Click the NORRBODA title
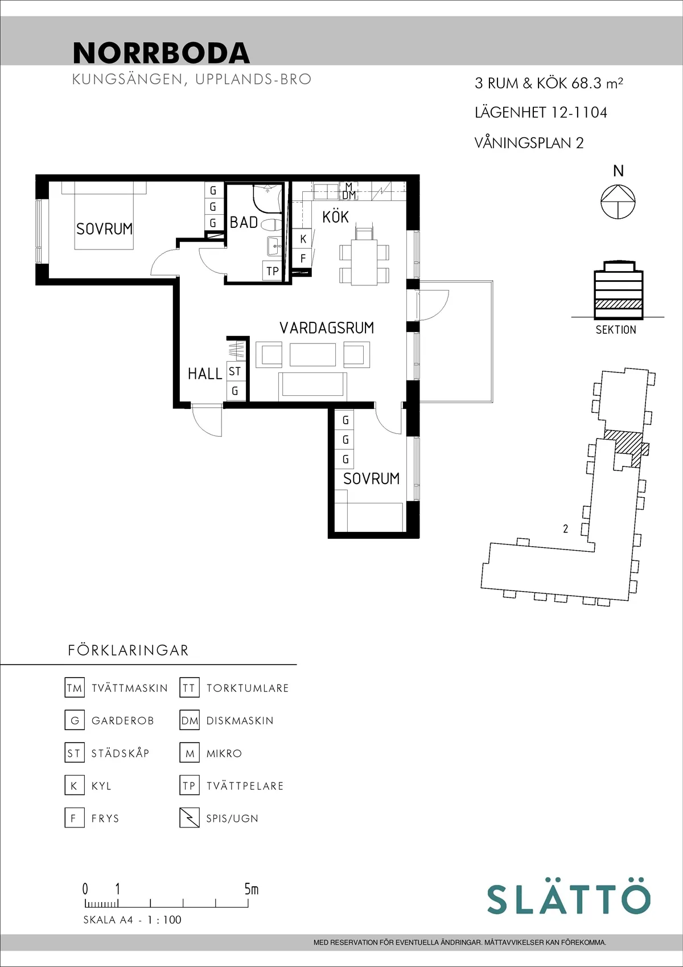click(x=162, y=53)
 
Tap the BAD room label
click(x=244, y=222)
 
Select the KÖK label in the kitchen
click(x=335, y=217)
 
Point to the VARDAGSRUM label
click(x=327, y=328)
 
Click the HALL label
click(x=205, y=374)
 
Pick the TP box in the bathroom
click(x=272, y=271)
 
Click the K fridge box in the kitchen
click(x=302, y=238)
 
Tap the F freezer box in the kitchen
click(x=302, y=258)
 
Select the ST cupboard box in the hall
click(x=235, y=371)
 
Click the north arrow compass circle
click(x=618, y=202)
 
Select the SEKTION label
click(x=616, y=330)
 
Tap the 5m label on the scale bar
click(x=251, y=889)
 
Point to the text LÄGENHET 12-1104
click(x=541, y=113)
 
